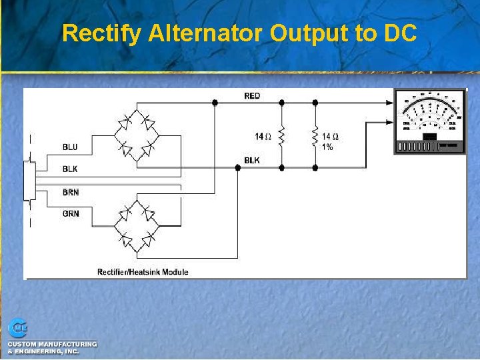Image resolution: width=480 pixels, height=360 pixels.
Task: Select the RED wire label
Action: (252, 96)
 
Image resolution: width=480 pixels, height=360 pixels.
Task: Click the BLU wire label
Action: (70, 147)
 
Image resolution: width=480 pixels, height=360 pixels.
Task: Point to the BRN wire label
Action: (70, 192)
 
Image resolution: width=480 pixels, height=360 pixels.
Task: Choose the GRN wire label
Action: (70, 214)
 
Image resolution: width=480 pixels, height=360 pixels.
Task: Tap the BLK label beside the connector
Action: (70, 169)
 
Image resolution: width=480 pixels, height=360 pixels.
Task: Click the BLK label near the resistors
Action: (252, 161)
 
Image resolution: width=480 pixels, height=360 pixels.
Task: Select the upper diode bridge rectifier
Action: (137, 135)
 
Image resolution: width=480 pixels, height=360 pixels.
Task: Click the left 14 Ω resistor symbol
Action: (281, 137)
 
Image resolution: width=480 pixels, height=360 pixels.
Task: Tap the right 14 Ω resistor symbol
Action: (315, 137)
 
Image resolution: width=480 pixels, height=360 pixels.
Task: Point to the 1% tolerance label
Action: (327, 147)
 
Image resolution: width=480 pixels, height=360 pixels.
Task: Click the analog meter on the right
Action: (429, 121)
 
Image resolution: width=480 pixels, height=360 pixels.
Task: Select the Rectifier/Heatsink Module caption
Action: (143, 271)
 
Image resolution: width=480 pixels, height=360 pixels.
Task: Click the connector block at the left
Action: (29, 181)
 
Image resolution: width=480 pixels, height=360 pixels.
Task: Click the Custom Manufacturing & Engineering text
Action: (52, 347)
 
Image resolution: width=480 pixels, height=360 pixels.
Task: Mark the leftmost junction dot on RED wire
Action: (215, 103)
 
